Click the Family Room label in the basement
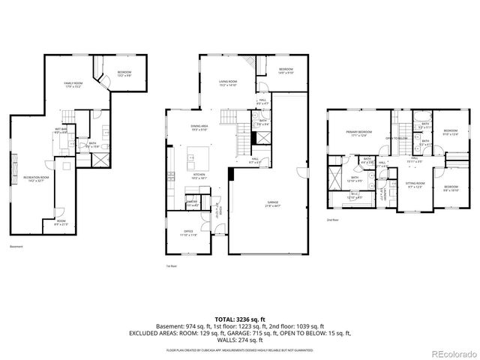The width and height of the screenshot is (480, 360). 73,84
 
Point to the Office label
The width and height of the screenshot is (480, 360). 187,233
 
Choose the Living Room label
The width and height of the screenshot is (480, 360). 228,83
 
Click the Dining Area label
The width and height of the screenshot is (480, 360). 199,127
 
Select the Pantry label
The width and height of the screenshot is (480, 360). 192,202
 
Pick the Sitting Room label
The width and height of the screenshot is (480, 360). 415,184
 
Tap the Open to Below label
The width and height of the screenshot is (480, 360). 397,138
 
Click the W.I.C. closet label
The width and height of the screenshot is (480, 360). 355,196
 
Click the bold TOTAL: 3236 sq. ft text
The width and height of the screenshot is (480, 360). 240,319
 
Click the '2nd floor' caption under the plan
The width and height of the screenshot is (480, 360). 332,220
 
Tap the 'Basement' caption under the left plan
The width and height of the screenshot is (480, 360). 16,247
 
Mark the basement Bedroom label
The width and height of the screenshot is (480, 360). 124,74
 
